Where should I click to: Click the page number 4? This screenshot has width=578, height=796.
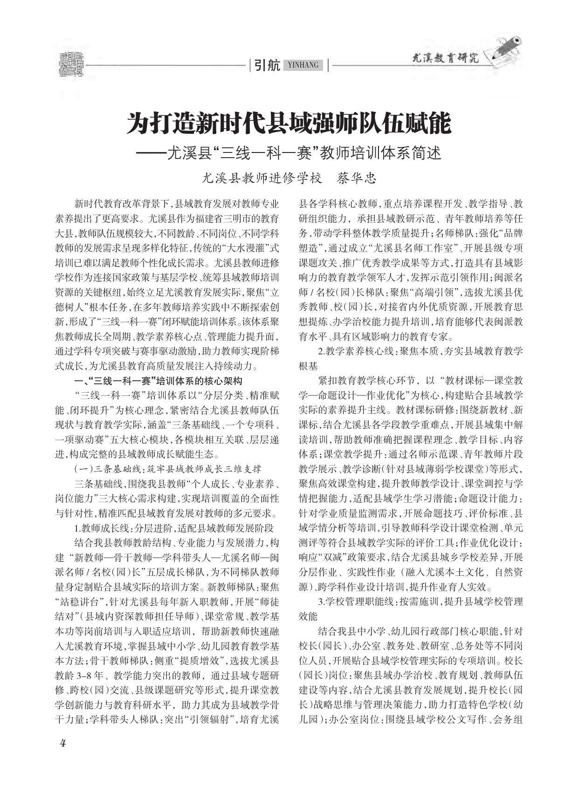62,743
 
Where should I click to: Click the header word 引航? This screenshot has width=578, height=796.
267,65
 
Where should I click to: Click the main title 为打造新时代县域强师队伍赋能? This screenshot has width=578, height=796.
289,123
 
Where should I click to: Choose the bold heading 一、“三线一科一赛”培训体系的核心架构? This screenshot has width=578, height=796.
158,381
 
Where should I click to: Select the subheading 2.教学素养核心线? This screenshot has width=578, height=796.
410,351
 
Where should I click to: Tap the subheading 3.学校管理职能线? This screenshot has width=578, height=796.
410,602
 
